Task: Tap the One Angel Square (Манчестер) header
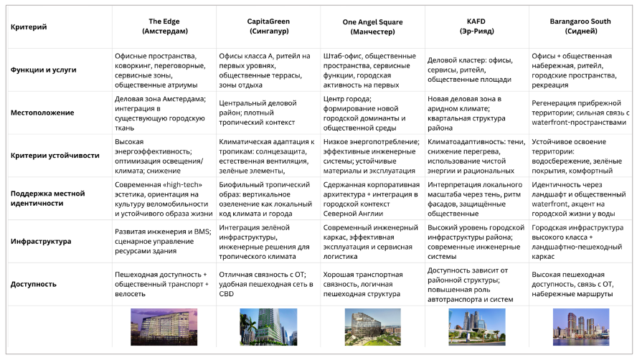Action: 372,27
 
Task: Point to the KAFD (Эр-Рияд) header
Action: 476,27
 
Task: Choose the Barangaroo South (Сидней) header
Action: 580,27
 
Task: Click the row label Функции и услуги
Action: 43,70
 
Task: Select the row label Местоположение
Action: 42,113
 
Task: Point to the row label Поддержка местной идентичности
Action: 48,199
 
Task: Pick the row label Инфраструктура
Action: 41,242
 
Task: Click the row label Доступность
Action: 34,284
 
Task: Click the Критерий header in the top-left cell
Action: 29,27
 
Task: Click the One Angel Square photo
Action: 372,326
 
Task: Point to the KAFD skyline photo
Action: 476,326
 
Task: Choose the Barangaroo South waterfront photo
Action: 580,326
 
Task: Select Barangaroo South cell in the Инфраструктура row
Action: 580,242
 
